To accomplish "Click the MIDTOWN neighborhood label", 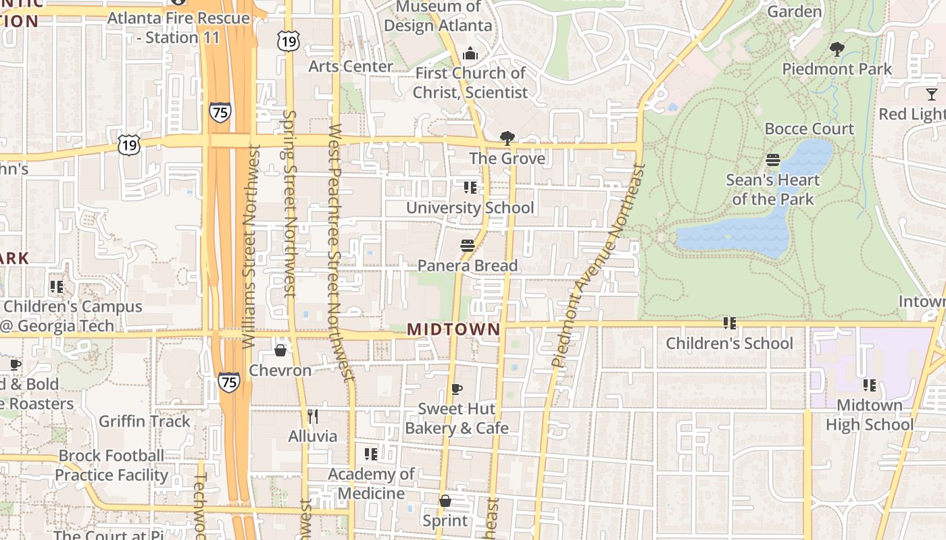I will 453,329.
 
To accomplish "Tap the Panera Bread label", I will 468,265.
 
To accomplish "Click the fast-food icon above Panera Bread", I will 468,245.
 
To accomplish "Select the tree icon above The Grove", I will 507,138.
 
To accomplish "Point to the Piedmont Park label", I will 837,69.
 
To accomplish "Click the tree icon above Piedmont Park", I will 837,49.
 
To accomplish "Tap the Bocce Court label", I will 809,128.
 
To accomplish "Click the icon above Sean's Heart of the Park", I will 773,160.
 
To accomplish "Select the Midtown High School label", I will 869,414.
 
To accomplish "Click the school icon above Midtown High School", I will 869,385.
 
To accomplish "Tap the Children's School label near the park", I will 729,343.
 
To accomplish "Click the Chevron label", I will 280,370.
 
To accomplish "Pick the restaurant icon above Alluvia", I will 312,416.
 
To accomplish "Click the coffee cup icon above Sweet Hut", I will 457,389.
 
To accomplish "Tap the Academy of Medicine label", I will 371,483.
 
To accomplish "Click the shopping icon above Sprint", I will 445,501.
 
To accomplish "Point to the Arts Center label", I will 351,66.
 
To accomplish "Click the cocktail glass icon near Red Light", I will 932,94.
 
